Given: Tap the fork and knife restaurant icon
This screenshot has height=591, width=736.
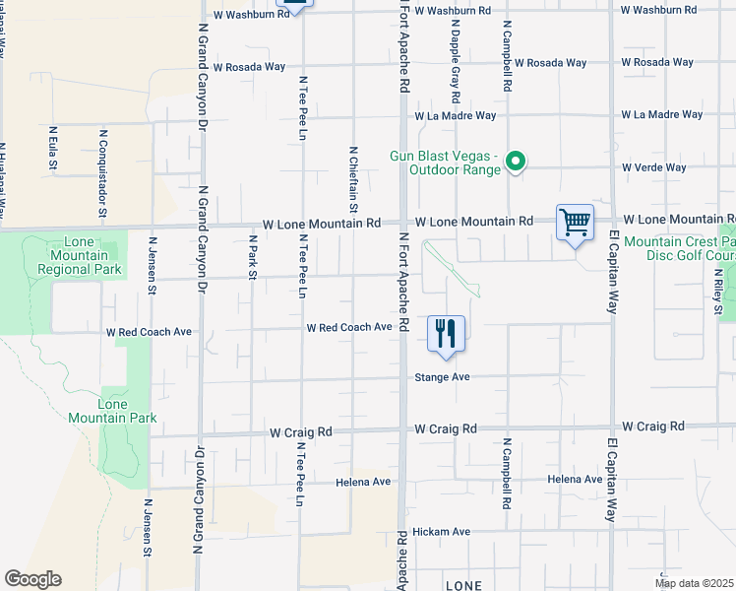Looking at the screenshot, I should click(447, 333).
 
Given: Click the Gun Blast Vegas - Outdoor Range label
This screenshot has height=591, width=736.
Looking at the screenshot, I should click(447, 163).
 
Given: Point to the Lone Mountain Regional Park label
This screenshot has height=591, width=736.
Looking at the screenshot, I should click(78, 255).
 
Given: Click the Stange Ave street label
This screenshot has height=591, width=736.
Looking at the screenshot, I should click(443, 377).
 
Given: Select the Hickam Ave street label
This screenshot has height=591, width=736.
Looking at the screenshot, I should click(442, 531).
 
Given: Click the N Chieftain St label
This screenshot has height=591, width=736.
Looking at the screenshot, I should click(352, 178).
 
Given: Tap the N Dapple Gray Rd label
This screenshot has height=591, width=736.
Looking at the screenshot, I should click(457, 75).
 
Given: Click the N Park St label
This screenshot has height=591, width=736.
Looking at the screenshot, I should click(252, 256).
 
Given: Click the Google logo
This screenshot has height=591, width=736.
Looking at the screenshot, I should click(32, 578).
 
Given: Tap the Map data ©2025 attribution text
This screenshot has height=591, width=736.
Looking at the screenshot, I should click(694, 583).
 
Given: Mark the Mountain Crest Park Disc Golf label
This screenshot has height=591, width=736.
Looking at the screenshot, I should click(679, 248).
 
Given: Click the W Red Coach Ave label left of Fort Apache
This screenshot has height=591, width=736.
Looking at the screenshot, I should click(349, 327).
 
